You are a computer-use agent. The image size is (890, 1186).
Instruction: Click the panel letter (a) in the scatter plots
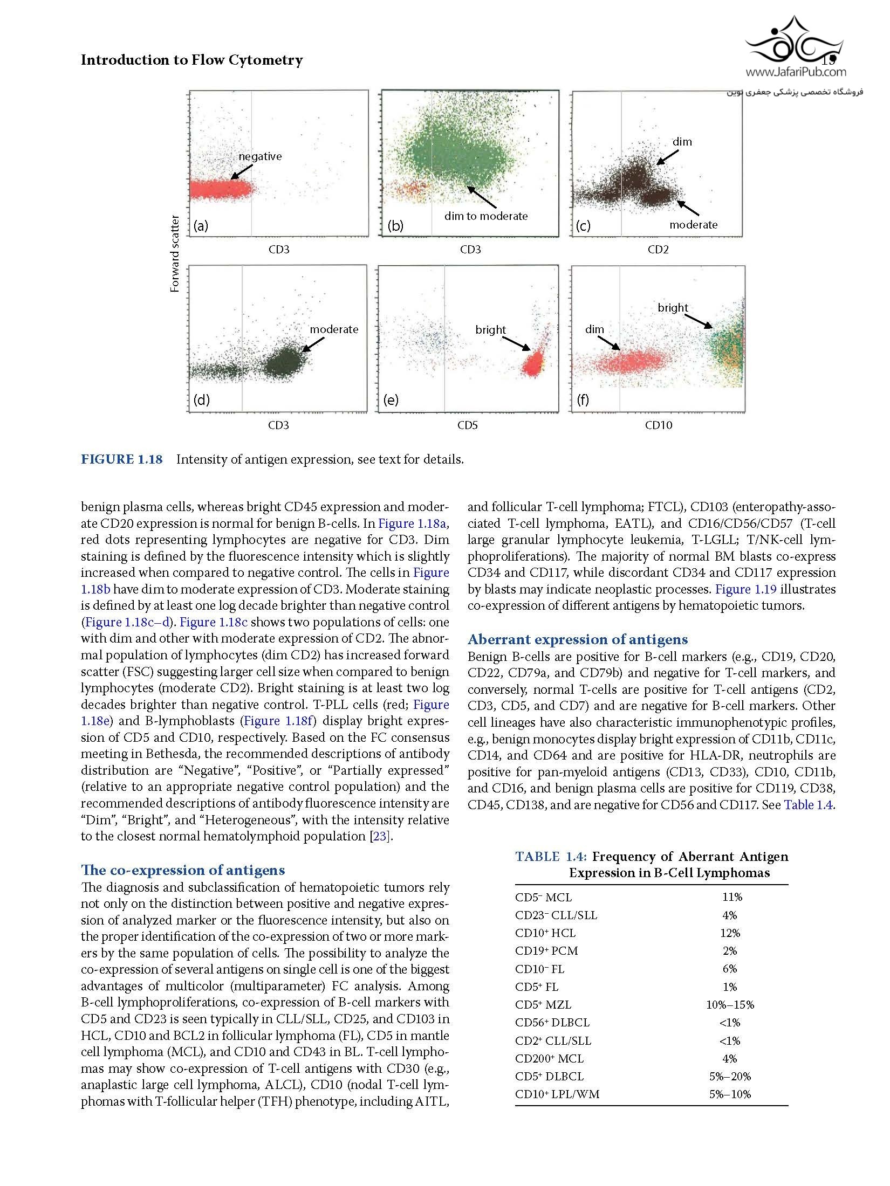click(201, 226)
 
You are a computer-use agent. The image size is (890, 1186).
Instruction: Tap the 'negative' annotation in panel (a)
click(260, 156)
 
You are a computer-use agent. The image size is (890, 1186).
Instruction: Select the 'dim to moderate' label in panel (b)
click(485, 216)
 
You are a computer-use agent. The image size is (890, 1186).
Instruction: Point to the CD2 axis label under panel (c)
click(658, 250)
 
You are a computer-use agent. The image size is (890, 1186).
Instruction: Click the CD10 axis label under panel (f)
click(659, 425)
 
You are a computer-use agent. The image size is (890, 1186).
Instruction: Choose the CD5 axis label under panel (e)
click(468, 425)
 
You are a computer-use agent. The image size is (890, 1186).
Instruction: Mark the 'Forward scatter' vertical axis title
click(175, 254)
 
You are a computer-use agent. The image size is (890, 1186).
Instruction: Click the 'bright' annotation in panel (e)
click(490, 330)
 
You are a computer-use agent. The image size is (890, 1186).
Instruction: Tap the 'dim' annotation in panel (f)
click(594, 329)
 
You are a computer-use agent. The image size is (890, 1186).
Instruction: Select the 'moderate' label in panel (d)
click(334, 329)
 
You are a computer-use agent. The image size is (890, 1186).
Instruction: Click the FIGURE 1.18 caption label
click(121, 459)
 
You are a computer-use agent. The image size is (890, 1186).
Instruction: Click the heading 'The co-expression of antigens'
click(183, 870)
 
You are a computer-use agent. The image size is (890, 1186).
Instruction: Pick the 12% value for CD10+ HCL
click(729, 933)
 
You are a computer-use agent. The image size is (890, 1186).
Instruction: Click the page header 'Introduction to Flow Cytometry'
click(191, 60)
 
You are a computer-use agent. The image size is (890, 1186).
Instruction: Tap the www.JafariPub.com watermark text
click(796, 71)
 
